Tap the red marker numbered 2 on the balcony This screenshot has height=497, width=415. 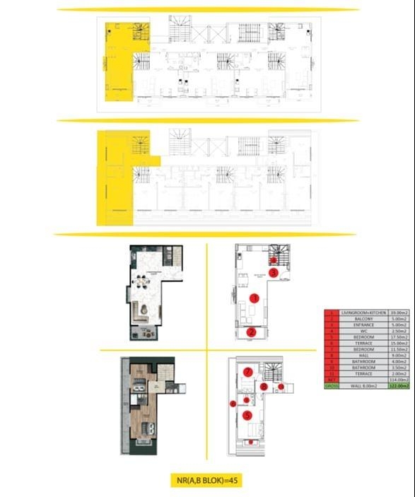[x=251, y=331]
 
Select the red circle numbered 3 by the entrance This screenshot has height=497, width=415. [x=273, y=272]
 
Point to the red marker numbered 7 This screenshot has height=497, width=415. [x=247, y=372]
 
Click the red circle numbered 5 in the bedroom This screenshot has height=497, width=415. [x=247, y=415]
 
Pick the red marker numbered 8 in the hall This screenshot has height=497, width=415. [x=264, y=387]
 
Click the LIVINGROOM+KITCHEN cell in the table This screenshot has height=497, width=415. [x=356, y=312]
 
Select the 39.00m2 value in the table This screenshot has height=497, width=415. [x=392, y=312]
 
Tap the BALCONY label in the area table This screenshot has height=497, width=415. [x=356, y=319]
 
